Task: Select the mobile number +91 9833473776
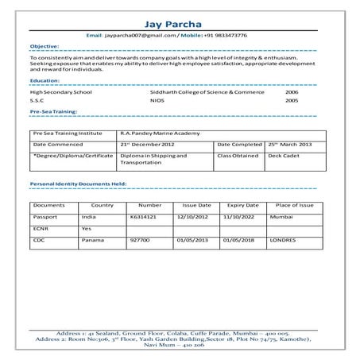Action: click(x=224, y=35)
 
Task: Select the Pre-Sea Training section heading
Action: click(x=52, y=114)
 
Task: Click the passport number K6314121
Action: click(x=144, y=216)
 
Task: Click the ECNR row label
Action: click(x=41, y=227)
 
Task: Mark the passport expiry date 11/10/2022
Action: click(x=237, y=216)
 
